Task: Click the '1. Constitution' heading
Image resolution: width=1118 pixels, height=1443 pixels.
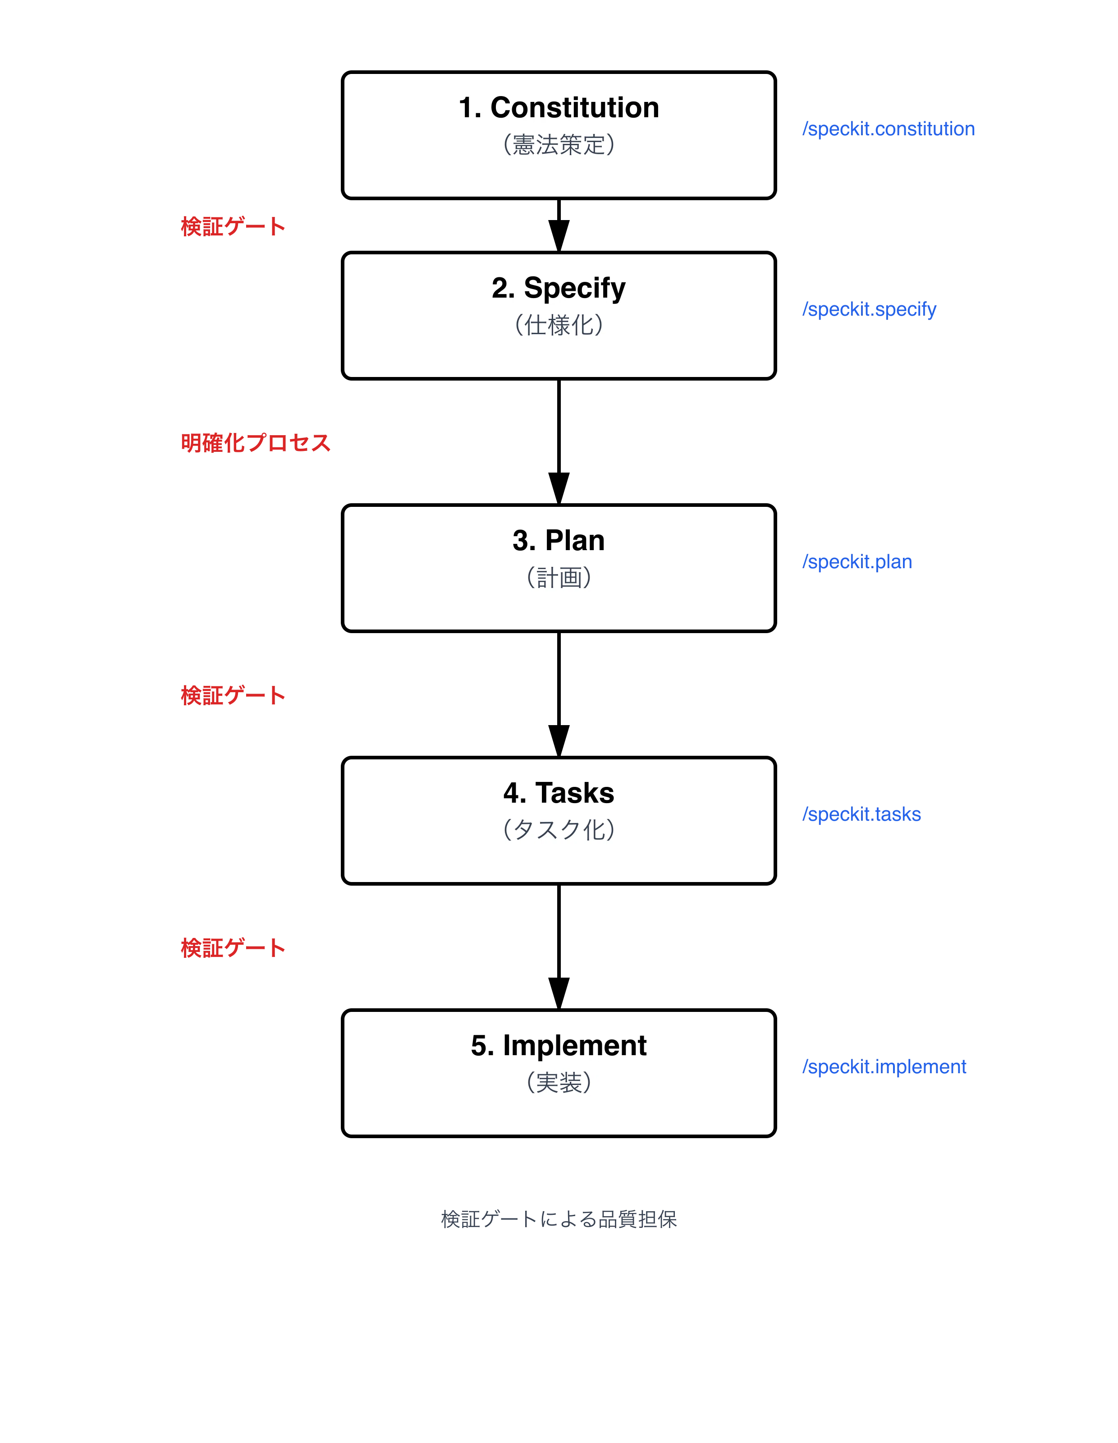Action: pyautogui.click(x=559, y=108)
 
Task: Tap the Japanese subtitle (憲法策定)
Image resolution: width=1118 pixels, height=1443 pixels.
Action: pyautogui.click(x=559, y=144)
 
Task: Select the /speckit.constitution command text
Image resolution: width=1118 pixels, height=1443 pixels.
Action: pyautogui.click(x=888, y=129)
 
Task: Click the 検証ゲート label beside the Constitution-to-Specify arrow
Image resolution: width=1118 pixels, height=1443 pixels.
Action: pyautogui.click(x=233, y=227)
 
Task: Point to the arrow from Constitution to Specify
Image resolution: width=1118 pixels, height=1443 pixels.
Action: pyautogui.click(x=559, y=225)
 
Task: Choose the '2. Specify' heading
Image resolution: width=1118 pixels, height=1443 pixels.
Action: pyautogui.click(x=559, y=289)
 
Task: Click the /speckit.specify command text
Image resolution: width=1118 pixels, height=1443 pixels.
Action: pyautogui.click(x=869, y=309)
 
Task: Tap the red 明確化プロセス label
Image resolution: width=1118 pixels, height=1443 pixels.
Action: pyautogui.click(x=256, y=443)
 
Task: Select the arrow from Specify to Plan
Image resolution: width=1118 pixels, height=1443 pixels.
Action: pyautogui.click(x=559, y=442)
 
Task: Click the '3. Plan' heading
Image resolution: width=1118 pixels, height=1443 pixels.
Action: pyautogui.click(x=559, y=541)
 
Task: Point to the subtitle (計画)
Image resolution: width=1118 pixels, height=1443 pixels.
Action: pyautogui.click(x=559, y=578)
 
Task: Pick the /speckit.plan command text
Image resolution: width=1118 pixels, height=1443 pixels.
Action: pyautogui.click(x=857, y=561)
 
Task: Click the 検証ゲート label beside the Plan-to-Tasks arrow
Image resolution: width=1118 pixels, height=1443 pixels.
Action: pyautogui.click(x=233, y=695)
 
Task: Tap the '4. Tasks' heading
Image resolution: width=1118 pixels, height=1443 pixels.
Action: pyautogui.click(x=559, y=793)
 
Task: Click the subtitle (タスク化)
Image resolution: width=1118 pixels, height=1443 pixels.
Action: pyautogui.click(x=559, y=829)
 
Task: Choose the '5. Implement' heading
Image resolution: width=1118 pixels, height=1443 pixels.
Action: pyautogui.click(x=559, y=1046)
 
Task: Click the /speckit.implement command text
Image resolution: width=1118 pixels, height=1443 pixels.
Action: pyautogui.click(x=884, y=1067)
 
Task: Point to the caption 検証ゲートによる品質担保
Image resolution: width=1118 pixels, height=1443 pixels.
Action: pyautogui.click(x=559, y=1219)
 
